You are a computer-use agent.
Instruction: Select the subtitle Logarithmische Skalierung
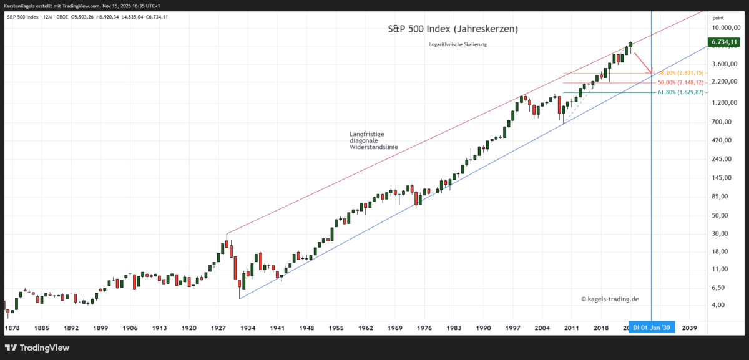click(x=458, y=44)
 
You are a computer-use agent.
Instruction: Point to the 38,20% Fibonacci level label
click(x=680, y=73)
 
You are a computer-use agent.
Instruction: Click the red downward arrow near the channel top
click(x=644, y=64)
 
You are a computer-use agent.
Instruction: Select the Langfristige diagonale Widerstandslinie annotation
click(x=373, y=140)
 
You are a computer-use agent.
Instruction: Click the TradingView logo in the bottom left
click(x=37, y=348)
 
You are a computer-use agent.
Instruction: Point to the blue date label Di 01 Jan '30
click(x=652, y=328)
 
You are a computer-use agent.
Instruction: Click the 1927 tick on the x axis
click(x=218, y=328)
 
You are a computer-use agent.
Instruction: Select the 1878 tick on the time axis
click(x=12, y=328)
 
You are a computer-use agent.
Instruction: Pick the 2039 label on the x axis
click(x=690, y=328)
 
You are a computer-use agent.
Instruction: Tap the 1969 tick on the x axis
click(x=394, y=328)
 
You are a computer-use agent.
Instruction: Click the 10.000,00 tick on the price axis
click(x=725, y=27)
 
